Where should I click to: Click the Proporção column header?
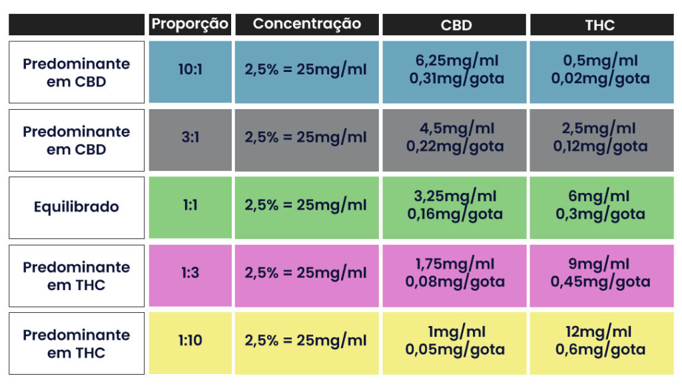pos(190,25)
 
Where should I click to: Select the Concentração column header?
pos(307,25)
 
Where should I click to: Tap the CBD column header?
pos(456,25)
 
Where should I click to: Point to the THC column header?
pos(599,25)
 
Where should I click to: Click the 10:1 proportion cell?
pos(190,69)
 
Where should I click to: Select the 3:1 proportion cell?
pos(190,138)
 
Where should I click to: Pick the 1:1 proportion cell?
pos(190,206)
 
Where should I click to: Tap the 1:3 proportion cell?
pos(190,274)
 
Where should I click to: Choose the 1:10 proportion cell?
pos(190,341)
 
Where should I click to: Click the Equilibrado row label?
pos(77,207)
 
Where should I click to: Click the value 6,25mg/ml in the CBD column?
pos(456,61)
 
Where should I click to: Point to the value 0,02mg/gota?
pos(600,79)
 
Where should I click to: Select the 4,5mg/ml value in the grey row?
pos(456,128)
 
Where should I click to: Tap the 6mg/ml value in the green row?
pos(600,197)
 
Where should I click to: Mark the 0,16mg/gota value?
pos(456,214)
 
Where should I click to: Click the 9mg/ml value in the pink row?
pos(600,264)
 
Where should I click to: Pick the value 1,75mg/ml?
pos(456,264)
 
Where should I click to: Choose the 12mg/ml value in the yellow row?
pos(600,332)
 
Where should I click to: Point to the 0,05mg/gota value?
pos(456,349)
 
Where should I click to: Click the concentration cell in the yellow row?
pos(306,341)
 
